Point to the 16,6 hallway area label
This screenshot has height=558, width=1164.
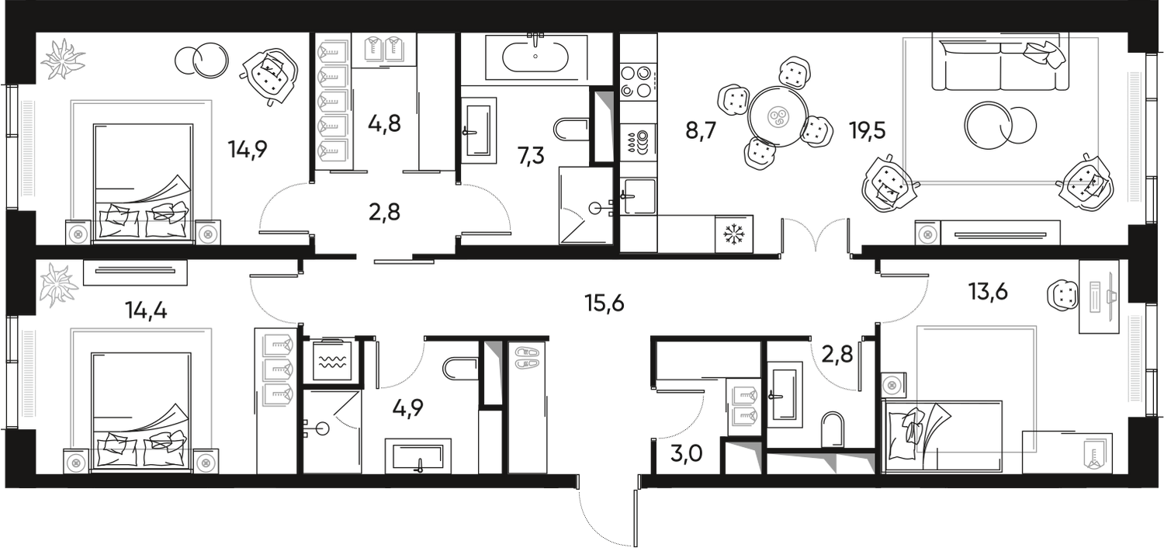pyautogui.click(x=605, y=303)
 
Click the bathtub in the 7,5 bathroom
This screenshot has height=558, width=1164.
pyautogui.click(x=535, y=56)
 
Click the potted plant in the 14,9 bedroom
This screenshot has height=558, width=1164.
pyautogui.click(x=64, y=57)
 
